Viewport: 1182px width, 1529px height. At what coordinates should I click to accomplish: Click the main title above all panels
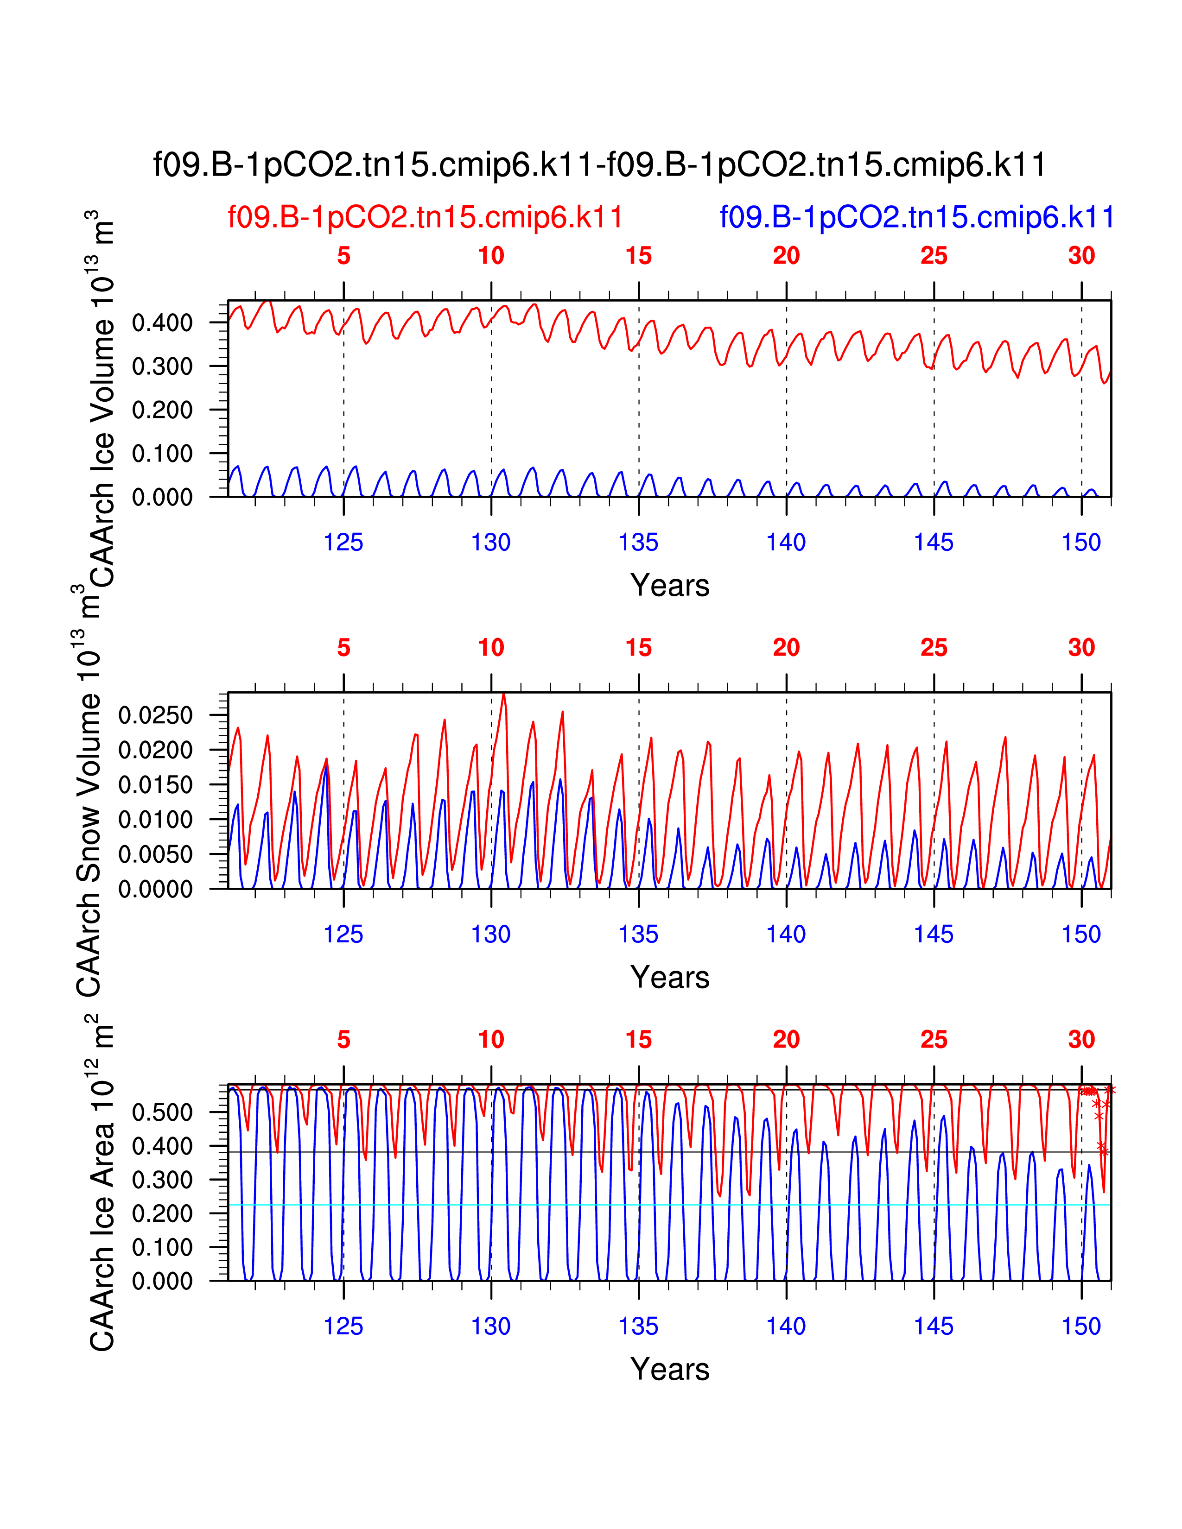[599, 165]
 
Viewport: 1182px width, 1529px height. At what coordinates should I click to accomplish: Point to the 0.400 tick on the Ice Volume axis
[162, 323]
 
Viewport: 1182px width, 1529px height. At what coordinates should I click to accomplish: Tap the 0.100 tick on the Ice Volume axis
[162, 454]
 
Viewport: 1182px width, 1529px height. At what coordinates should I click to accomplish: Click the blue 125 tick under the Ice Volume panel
[343, 542]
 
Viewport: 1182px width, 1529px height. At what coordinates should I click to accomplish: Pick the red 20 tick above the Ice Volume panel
[786, 256]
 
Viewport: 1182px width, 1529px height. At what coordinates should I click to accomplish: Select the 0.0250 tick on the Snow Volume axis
[155, 715]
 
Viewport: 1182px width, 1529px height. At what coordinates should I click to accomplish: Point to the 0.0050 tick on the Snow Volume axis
[155, 854]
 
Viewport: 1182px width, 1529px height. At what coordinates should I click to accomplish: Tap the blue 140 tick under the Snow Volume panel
[786, 934]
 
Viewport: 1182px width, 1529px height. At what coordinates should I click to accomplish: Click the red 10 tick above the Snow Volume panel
[491, 648]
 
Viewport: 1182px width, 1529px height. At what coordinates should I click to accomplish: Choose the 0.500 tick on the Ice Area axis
[162, 1112]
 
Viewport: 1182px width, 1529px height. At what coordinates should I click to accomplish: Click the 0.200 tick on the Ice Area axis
[162, 1213]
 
